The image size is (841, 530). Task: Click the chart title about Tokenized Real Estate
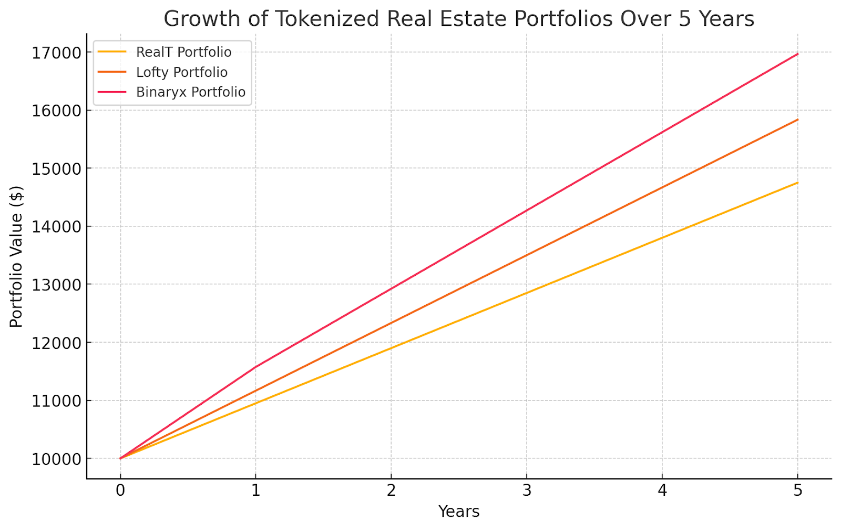click(x=459, y=19)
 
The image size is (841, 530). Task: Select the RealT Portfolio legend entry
click(x=183, y=52)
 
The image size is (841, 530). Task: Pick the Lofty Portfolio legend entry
click(x=181, y=72)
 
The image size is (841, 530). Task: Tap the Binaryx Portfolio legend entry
click(x=190, y=92)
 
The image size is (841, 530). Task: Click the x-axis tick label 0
click(x=120, y=491)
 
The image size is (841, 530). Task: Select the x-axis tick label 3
click(x=527, y=491)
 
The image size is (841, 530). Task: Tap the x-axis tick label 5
click(x=798, y=491)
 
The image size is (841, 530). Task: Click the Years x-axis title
click(x=459, y=512)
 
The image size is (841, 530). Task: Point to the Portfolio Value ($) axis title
click(x=16, y=256)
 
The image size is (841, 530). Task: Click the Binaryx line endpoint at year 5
click(x=798, y=54)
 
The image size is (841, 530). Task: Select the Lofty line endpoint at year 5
click(x=798, y=119)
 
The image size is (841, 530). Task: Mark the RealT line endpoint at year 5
click(x=798, y=183)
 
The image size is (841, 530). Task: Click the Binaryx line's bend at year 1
click(x=255, y=367)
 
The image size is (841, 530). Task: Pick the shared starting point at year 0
click(x=120, y=458)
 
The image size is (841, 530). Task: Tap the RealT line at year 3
click(x=527, y=293)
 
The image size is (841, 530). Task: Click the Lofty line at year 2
click(x=391, y=323)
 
